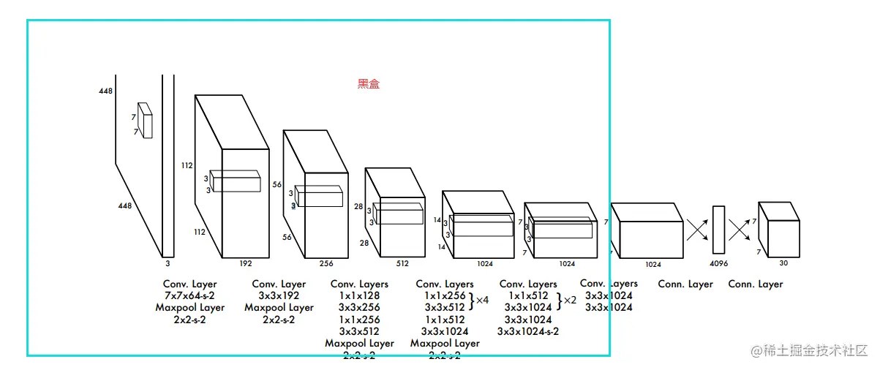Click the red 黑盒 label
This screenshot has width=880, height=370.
[369, 84]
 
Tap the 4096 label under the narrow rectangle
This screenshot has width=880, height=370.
[719, 263]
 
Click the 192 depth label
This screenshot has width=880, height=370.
[247, 263]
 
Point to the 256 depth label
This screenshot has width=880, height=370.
[326, 263]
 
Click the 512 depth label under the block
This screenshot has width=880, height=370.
[402, 263]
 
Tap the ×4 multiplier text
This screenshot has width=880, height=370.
[482, 300]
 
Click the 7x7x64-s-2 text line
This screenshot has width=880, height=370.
[190, 295]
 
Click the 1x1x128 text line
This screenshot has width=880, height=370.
[359, 295]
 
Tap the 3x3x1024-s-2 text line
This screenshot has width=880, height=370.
[528, 331]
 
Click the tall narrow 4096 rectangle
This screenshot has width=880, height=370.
[718, 230]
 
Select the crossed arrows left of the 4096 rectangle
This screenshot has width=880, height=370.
[697, 230]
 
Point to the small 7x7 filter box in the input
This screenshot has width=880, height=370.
[145, 120]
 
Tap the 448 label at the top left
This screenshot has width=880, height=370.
[105, 91]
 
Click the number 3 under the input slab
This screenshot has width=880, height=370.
[168, 263]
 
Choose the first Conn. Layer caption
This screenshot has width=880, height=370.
[685, 284]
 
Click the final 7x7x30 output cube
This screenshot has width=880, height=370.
[778, 227]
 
